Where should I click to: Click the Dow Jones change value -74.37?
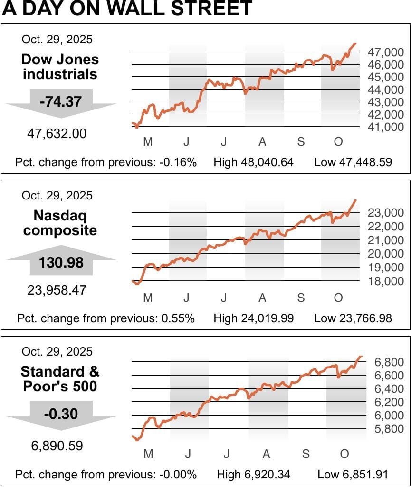[x=61, y=101]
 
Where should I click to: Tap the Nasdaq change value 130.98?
[x=62, y=262]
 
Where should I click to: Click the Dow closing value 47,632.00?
[x=57, y=134]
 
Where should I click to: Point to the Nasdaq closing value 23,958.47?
[x=57, y=290]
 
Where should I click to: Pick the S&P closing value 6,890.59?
[x=57, y=446]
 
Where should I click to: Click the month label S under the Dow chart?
[x=301, y=141]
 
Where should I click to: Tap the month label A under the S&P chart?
[x=266, y=454]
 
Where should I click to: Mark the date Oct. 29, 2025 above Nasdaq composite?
[x=57, y=196]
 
